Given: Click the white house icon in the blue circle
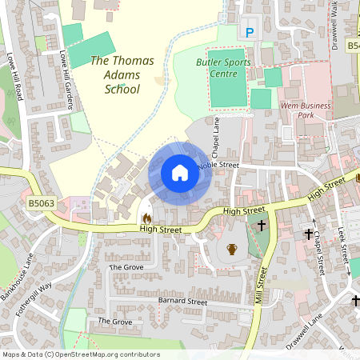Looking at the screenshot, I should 180,173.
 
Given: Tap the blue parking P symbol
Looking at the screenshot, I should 249,32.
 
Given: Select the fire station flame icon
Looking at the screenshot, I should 146,218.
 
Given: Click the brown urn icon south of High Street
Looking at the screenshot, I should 232,249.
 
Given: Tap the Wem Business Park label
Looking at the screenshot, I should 305,110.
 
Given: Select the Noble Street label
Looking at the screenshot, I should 218,165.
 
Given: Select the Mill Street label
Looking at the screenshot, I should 260,284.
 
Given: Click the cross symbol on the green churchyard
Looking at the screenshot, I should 261,226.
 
